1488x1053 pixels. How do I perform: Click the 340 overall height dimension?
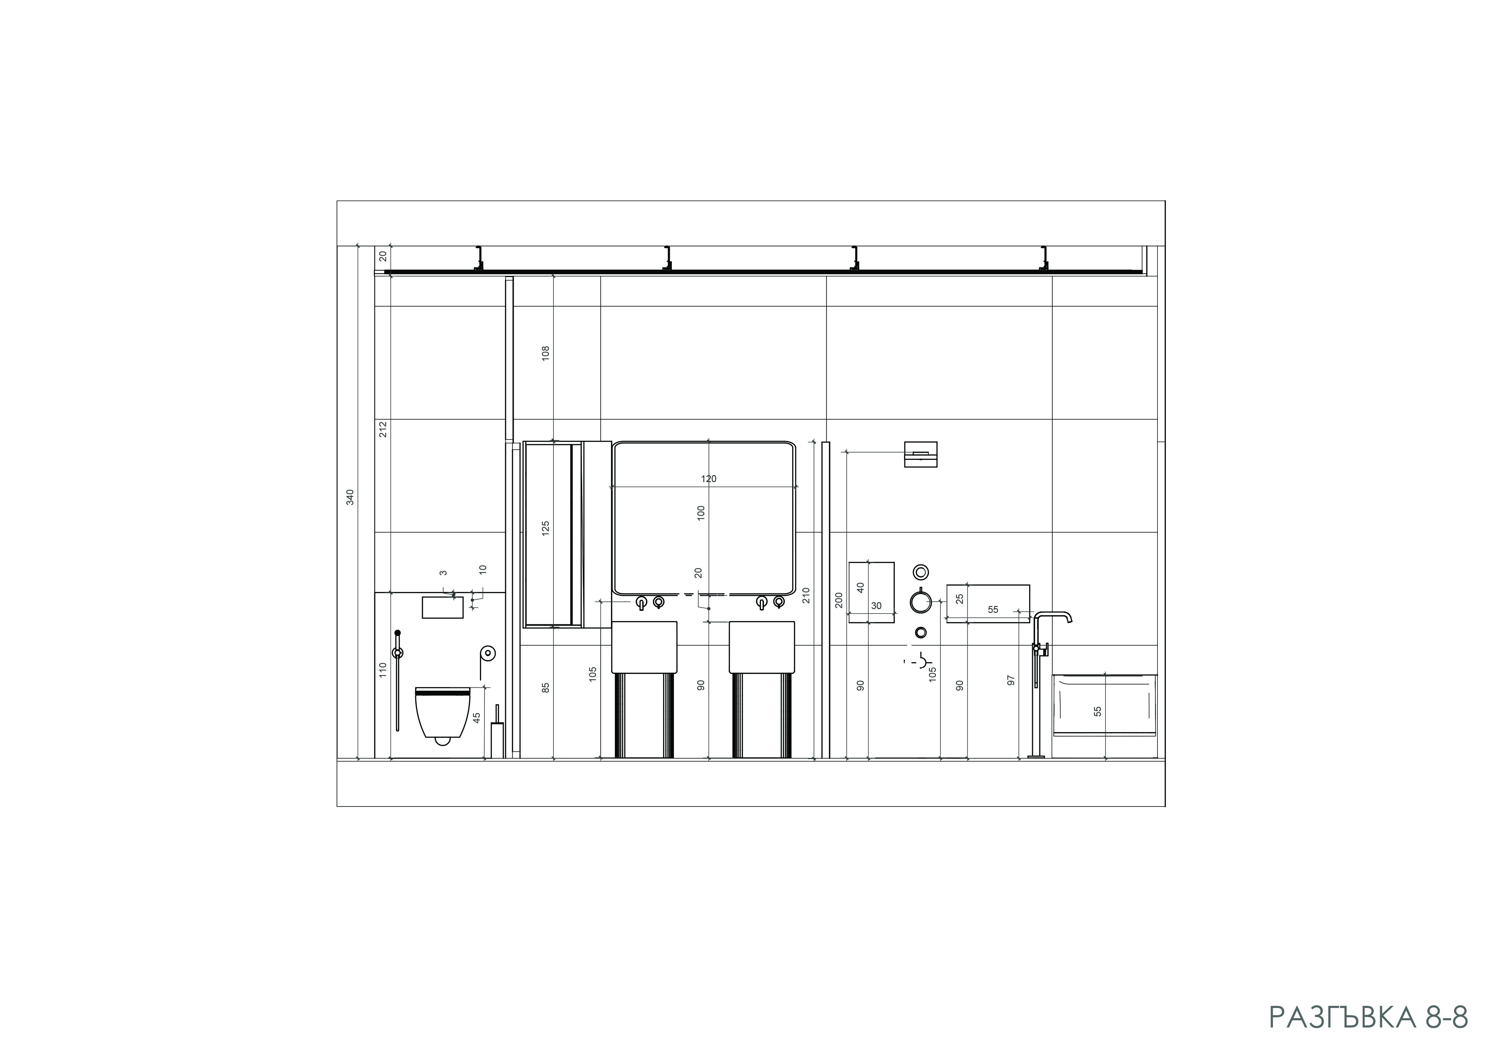350,497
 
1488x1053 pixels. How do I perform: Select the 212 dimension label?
383,429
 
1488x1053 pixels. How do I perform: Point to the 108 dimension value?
546,353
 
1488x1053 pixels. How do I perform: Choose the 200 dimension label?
839,600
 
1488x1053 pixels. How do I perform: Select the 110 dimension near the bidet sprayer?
383,670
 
